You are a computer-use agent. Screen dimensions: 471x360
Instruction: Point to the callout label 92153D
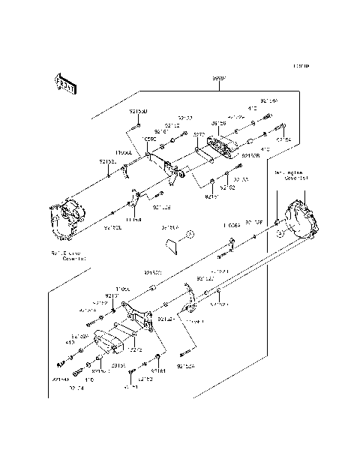[138, 111]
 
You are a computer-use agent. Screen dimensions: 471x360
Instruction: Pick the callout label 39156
[218, 123]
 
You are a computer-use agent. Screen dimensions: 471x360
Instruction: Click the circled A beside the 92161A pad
[190, 234]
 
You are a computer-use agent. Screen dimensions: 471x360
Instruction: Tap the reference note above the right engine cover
[292, 175]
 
